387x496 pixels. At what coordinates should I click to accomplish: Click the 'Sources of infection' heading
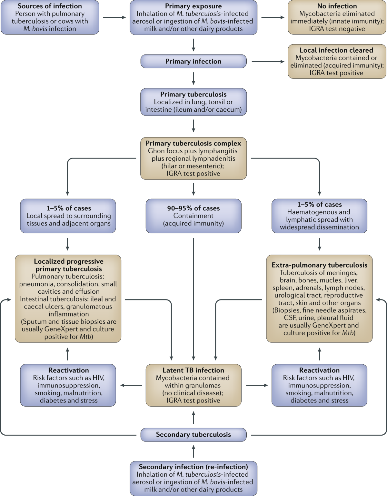(x=50, y=6)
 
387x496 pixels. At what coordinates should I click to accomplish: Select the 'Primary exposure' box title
(x=193, y=6)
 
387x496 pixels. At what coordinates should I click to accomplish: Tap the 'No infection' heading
(x=337, y=6)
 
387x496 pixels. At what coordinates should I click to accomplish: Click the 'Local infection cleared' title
(x=336, y=50)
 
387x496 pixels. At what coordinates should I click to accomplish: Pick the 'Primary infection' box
(x=193, y=61)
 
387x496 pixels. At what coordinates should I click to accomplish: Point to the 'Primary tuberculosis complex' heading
(x=193, y=143)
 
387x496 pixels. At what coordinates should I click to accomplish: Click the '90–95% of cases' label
(x=193, y=208)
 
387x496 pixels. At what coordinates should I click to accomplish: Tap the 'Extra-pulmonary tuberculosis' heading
(x=319, y=265)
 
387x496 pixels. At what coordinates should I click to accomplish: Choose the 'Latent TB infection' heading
(x=193, y=370)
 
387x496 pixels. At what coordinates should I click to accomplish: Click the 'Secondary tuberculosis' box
(x=193, y=435)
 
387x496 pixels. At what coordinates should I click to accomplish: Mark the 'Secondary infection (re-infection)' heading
(x=193, y=467)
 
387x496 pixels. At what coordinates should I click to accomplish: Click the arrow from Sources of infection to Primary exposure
(x=114, y=17)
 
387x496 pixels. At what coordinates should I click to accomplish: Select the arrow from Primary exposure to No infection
(x=273, y=17)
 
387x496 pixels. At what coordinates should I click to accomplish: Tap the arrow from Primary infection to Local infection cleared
(x=268, y=62)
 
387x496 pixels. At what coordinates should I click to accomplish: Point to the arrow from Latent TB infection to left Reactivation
(x=131, y=385)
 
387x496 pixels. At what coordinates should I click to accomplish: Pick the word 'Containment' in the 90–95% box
(x=193, y=216)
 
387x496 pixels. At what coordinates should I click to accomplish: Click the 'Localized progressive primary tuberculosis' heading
(x=68, y=265)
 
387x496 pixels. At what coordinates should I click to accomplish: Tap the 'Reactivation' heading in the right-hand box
(x=319, y=370)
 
